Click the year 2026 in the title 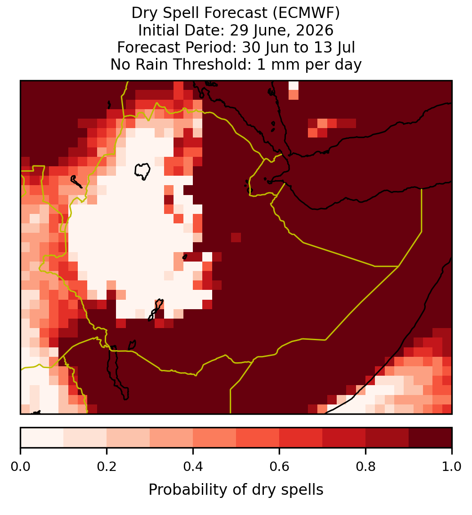coord(314,30)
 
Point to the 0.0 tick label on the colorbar coord(20,466)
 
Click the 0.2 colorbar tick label coord(107,466)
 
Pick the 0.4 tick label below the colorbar coord(193,466)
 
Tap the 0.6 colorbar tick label coord(280,466)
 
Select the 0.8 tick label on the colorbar coord(366,466)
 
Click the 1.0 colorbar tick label coord(452,466)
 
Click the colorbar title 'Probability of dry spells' coord(236,490)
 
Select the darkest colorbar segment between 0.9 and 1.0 coord(430,438)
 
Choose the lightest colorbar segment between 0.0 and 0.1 coord(42,438)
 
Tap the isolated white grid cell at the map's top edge coord(294,85)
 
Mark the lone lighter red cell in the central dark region coord(236,237)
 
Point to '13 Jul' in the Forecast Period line coord(334,47)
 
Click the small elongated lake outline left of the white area coord(76,182)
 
